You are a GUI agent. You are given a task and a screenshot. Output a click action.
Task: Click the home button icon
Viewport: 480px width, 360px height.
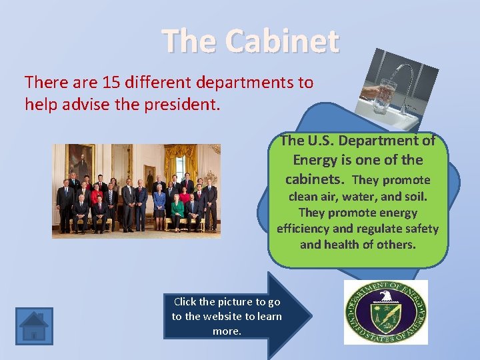click(34, 326)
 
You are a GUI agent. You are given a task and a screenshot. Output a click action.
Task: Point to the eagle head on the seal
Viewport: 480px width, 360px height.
click(385, 296)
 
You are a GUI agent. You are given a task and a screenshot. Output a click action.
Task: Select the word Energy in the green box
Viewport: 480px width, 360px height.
click(315, 161)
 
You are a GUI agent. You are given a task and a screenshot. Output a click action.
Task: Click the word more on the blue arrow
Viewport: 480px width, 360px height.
click(226, 331)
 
